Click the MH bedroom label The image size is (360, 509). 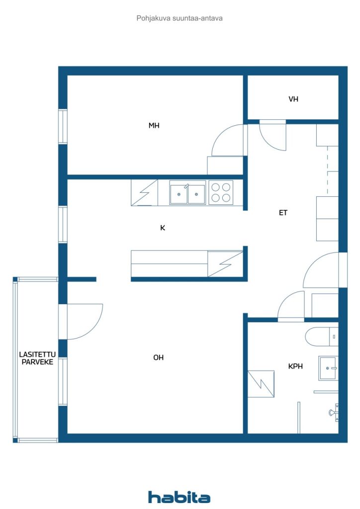click(154, 125)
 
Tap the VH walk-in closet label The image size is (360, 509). click(293, 99)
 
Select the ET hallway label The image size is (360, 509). click(283, 213)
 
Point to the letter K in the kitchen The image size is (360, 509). click(163, 228)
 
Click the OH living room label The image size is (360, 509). click(159, 357)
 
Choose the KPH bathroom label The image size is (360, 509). click(295, 366)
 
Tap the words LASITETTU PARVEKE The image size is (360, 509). click(37, 358)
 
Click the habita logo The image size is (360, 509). click(179, 497)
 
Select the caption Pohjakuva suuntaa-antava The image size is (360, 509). click(180, 18)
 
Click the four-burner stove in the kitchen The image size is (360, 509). click(221, 192)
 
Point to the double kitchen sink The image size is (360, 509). click(187, 194)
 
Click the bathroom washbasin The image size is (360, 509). click(329, 368)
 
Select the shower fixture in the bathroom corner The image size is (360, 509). click(335, 413)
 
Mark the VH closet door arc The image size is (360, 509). click(268, 141)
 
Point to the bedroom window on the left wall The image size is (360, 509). click(63, 127)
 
